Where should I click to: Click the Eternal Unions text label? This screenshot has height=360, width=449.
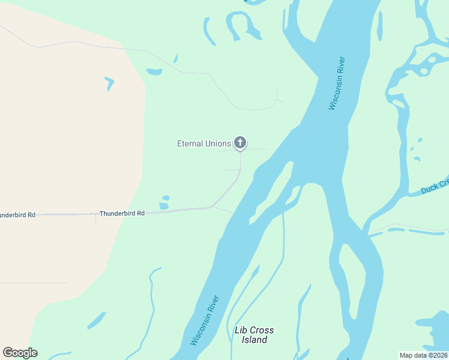pyautogui.click(x=203, y=143)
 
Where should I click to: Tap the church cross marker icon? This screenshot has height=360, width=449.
pyautogui.click(x=240, y=142)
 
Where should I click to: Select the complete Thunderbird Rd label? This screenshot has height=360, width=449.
pyautogui.click(x=122, y=213)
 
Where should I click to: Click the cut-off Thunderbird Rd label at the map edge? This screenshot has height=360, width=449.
pyautogui.click(x=17, y=214)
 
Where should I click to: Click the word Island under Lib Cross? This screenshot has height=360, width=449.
pyautogui.click(x=255, y=340)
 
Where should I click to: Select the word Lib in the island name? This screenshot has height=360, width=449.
pyautogui.click(x=241, y=331)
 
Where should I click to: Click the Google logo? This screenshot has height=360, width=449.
pyautogui.click(x=20, y=353)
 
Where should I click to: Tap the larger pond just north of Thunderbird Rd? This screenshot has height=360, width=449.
pyautogui.click(x=164, y=206)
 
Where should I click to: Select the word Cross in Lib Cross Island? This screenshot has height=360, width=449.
pyautogui.click(x=262, y=331)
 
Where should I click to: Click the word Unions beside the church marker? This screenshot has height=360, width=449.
pyautogui.click(x=218, y=143)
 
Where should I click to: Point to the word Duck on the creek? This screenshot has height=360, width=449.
pyautogui.click(x=430, y=189)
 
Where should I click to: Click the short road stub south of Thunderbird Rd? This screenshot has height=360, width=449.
pyautogui.click(x=95, y=220)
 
